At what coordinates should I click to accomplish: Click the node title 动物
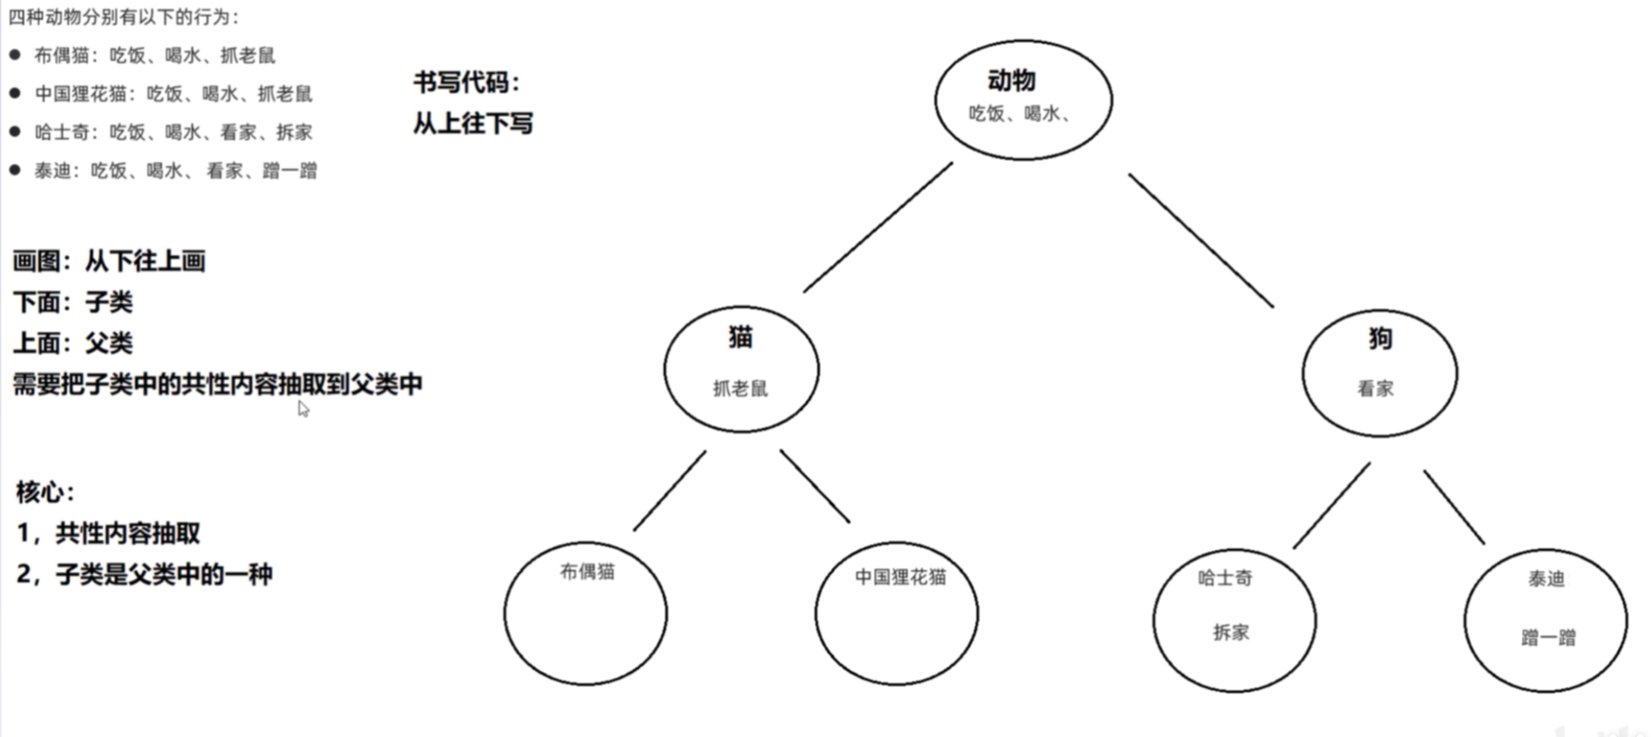point(1011,81)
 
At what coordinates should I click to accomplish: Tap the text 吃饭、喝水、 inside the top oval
point(1019,114)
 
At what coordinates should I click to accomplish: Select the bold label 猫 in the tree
point(740,337)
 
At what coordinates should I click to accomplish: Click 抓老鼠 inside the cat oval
point(740,389)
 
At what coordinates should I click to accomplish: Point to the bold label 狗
point(1380,339)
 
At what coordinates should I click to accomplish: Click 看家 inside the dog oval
point(1375,389)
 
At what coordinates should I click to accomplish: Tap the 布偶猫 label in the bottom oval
point(587,571)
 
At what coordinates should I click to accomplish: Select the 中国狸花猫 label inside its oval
point(900,577)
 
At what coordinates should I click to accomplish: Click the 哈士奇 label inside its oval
point(1224,578)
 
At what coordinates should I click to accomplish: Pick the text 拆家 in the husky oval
point(1231,633)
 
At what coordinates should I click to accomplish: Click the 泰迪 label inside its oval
point(1546,579)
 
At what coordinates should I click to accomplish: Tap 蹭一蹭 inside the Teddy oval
point(1548,638)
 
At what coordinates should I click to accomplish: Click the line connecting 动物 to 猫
point(878,228)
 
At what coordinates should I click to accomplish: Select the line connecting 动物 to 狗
point(1201,240)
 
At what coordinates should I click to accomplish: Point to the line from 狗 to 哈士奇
point(1331,505)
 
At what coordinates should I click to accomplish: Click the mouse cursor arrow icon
point(303,409)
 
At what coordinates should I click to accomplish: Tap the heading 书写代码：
point(467,83)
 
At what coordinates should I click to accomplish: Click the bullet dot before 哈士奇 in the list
point(15,131)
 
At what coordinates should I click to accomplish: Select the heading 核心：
point(45,493)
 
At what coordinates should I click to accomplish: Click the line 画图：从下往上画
point(109,261)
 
